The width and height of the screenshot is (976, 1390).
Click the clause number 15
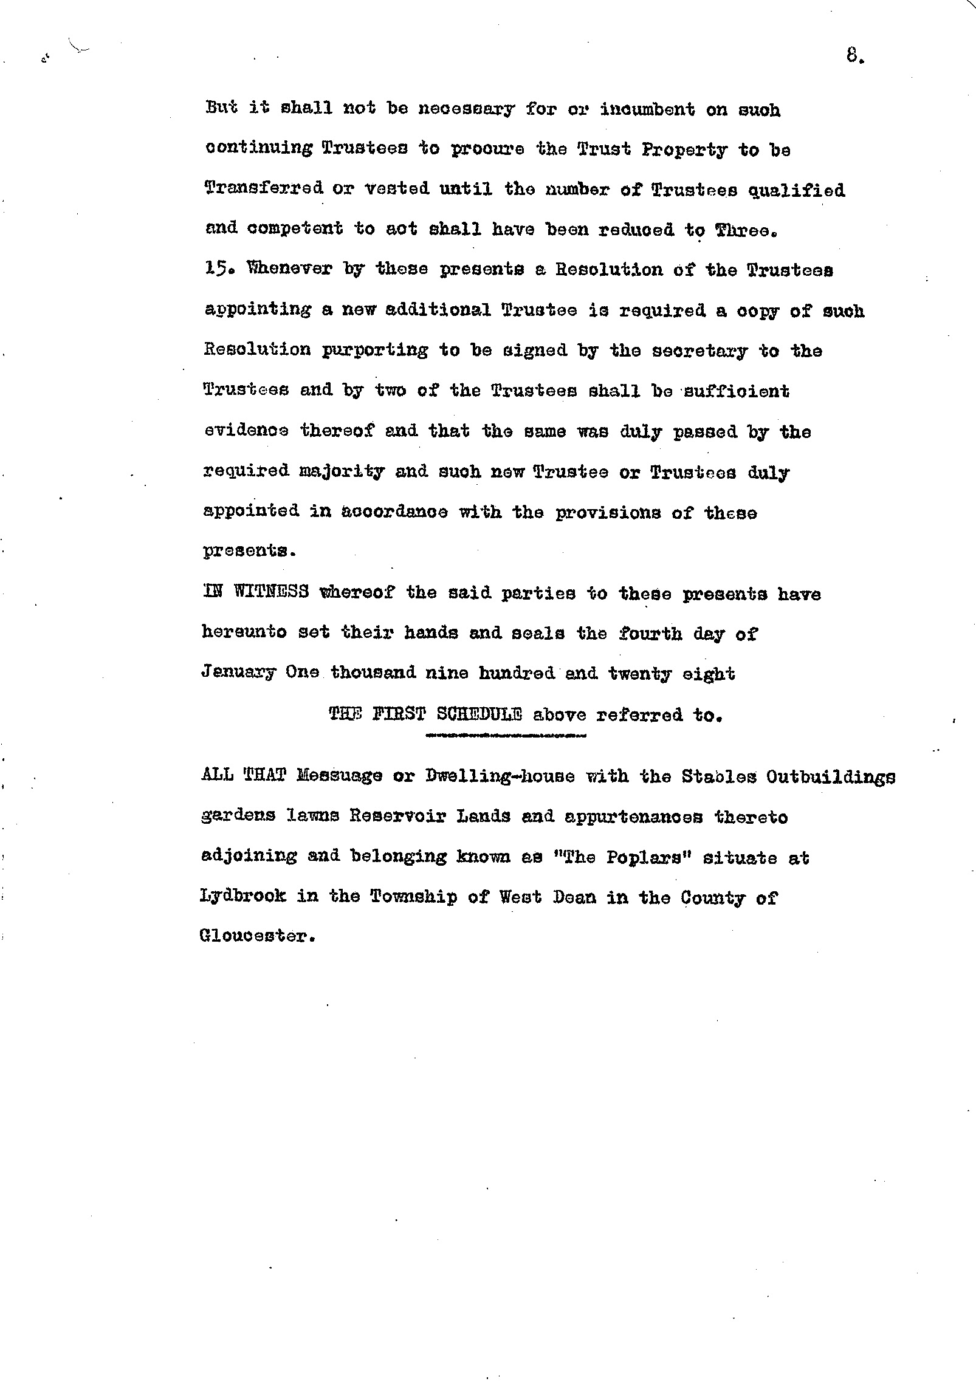[x=215, y=269]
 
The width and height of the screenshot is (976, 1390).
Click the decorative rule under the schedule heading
[x=507, y=737]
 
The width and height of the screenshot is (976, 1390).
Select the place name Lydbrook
[x=242, y=897]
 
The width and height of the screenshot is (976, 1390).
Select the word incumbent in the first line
[x=647, y=109]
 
